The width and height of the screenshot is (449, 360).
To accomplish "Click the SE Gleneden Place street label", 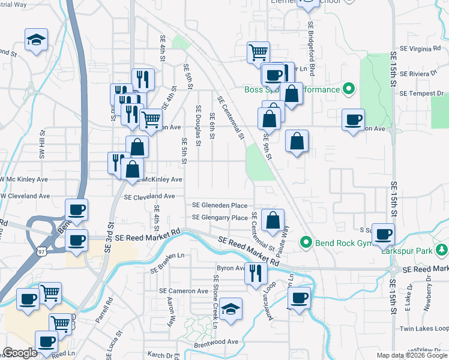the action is point(220,205).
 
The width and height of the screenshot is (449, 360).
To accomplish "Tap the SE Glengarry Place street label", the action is point(220,218).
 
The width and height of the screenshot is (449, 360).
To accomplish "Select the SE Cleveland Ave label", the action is point(149,196).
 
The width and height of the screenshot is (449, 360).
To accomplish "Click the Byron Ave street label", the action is point(231,268).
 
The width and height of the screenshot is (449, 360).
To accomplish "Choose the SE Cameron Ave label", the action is point(184,291).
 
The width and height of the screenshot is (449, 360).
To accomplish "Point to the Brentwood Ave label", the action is point(216,341).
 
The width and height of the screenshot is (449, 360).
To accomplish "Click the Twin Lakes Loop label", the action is point(424,329).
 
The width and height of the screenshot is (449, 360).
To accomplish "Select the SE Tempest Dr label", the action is point(421,94).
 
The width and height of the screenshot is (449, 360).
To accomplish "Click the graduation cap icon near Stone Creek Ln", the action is point(231,309).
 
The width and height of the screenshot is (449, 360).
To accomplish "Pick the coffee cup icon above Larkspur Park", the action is point(383,234).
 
